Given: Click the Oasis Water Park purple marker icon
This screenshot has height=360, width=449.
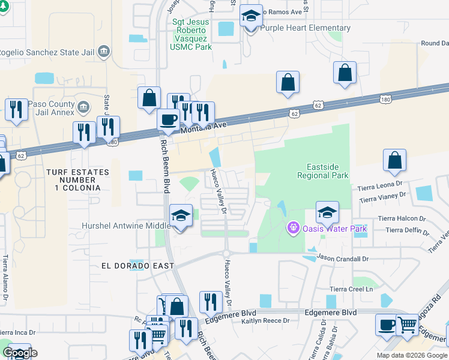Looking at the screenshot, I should click(x=293, y=228).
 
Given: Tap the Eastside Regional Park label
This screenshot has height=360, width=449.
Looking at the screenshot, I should click(x=323, y=171).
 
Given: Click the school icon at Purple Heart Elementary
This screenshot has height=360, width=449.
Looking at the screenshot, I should click(x=251, y=16).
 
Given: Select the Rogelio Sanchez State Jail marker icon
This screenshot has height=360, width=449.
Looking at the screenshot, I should click(x=104, y=50).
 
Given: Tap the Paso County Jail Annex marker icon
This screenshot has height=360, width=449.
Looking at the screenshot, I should click(x=83, y=108).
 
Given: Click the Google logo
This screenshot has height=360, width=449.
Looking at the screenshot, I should click(x=20, y=353).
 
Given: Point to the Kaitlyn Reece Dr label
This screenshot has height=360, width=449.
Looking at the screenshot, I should click(x=265, y=320).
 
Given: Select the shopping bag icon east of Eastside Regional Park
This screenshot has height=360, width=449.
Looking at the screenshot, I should click(x=395, y=160).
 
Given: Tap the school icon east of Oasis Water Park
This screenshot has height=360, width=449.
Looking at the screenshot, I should click(x=327, y=212).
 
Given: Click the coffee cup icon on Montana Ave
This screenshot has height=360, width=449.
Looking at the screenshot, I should click(x=168, y=118).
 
